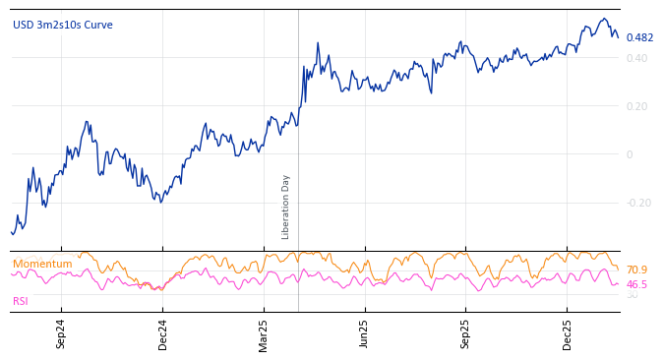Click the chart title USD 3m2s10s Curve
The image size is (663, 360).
click(x=62, y=25)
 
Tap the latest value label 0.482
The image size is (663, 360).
click(x=639, y=38)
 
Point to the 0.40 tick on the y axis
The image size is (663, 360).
click(x=636, y=58)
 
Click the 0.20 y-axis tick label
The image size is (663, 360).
click(x=636, y=106)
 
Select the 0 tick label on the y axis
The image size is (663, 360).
click(x=630, y=154)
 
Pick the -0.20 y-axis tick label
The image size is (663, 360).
click(x=638, y=203)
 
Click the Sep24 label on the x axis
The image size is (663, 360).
click(x=61, y=333)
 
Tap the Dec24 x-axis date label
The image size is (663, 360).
click(x=163, y=333)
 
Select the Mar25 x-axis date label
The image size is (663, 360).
click(x=264, y=333)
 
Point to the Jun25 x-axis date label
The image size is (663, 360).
click(x=365, y=333)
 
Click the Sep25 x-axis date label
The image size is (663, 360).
click(x=466, y=333)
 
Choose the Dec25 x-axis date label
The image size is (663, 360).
click(x=568, y=333)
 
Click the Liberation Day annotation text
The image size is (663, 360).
click(x=286, y=207)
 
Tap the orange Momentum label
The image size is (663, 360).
click(x=42, y=265)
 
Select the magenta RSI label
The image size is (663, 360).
click(x=21, y=301)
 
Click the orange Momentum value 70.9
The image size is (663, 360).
click(x=636, y=270)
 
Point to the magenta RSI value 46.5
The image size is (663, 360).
click(x=636, y=284)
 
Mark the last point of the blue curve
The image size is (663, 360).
click(x=618, y=37)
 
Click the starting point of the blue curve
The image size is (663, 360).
click(x=11, y=232)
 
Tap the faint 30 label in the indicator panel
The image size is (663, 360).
click(x=632, y=295)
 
